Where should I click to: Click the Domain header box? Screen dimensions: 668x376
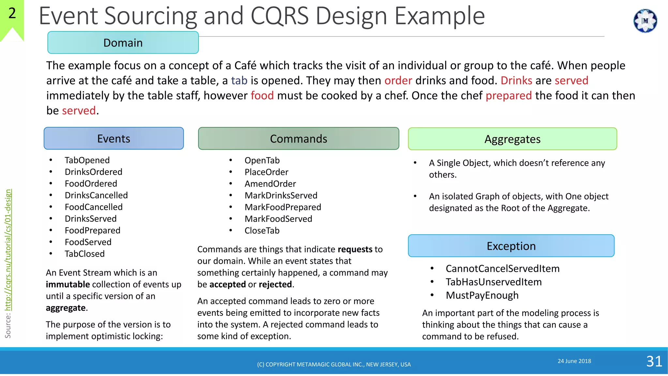coord(123,43)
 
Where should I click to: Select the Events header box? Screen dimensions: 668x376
coord(114,139)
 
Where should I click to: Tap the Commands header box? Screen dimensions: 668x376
coord(298,139)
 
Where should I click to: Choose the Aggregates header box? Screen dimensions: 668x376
coord(512,139)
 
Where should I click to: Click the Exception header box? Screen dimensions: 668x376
coord(511,246)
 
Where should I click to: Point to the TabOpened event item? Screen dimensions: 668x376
coord(87,160)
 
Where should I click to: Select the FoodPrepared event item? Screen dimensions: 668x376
coord(92,230)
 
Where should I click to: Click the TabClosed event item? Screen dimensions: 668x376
coord(84,254)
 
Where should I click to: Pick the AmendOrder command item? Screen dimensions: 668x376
coord(270,184)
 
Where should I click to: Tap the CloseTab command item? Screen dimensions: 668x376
coord(262,231)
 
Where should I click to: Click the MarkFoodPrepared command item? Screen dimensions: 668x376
coord(283,207)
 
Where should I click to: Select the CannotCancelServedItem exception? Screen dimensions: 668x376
coord(502,269)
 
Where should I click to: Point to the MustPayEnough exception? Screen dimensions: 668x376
coord(482,295)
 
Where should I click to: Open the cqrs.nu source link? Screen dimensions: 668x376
coord(8,250)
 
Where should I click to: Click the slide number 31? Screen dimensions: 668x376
coord(654,361)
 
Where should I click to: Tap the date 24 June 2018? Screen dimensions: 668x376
coord(574,361)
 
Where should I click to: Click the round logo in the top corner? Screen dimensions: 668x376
coord(645,21)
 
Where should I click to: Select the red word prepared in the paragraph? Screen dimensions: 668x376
coord(509,96)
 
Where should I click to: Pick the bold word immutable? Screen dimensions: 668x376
coord(68,285)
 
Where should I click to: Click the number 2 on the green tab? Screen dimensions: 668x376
coord(12,13)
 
